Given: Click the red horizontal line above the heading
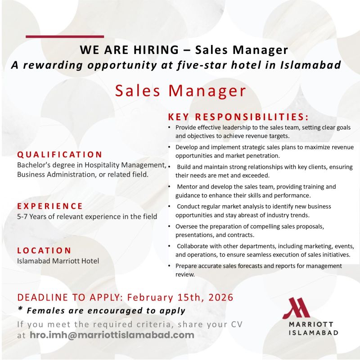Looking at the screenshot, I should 65,36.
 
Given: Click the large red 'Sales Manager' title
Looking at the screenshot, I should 180,90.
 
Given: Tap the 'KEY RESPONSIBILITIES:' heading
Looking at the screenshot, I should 238,117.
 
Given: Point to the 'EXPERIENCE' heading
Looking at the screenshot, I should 50,206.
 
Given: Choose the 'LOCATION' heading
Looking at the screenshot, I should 44,250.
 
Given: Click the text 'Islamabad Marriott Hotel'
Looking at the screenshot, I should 58,261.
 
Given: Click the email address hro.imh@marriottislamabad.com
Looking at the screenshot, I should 112,335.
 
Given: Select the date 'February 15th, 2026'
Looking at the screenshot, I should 180,297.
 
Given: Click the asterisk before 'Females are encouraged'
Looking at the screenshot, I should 20,310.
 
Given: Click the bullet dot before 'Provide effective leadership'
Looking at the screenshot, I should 169,128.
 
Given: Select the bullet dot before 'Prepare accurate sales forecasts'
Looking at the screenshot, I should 169,266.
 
